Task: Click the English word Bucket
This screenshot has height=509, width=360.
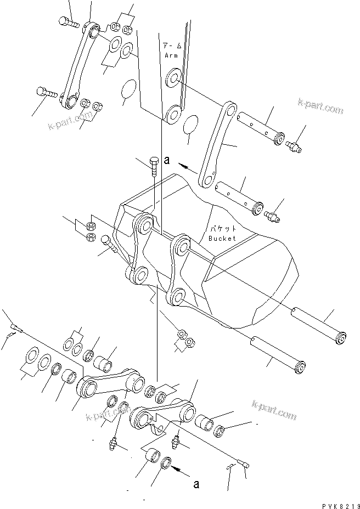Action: point(222,238)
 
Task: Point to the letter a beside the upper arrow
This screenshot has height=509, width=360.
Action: point(167,161)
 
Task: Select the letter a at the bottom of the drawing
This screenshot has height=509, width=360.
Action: point(196,484)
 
